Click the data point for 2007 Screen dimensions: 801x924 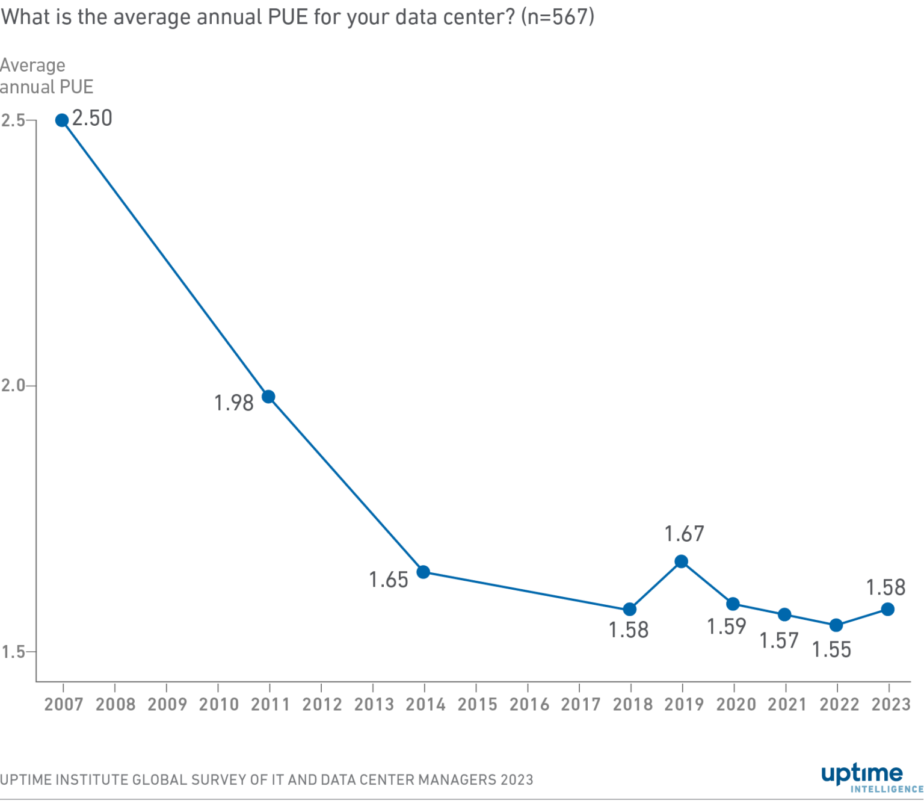[62, 120]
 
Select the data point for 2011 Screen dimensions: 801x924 [269, 397]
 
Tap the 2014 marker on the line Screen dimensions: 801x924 [423, 572]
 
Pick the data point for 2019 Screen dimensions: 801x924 [682, 561]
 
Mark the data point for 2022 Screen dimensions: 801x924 [836, 625]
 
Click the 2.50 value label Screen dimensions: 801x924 [92, 118]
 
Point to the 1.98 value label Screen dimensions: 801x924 [234, 403]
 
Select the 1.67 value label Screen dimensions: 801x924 [684, 534]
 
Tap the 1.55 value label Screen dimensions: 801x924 [831, 650]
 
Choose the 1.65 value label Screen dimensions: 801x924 [389, 580]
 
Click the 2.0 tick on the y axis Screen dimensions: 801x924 [13, 386]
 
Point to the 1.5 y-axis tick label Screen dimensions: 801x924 [13, 652]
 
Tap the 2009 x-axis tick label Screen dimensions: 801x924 [167, 704]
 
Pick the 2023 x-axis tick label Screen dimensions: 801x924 [891, 704]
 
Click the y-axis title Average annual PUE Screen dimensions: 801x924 [46, 76]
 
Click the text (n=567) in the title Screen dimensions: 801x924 [557, 16]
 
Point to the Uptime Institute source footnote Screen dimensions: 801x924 [266, 780]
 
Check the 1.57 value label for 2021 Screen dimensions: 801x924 [779, 641]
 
